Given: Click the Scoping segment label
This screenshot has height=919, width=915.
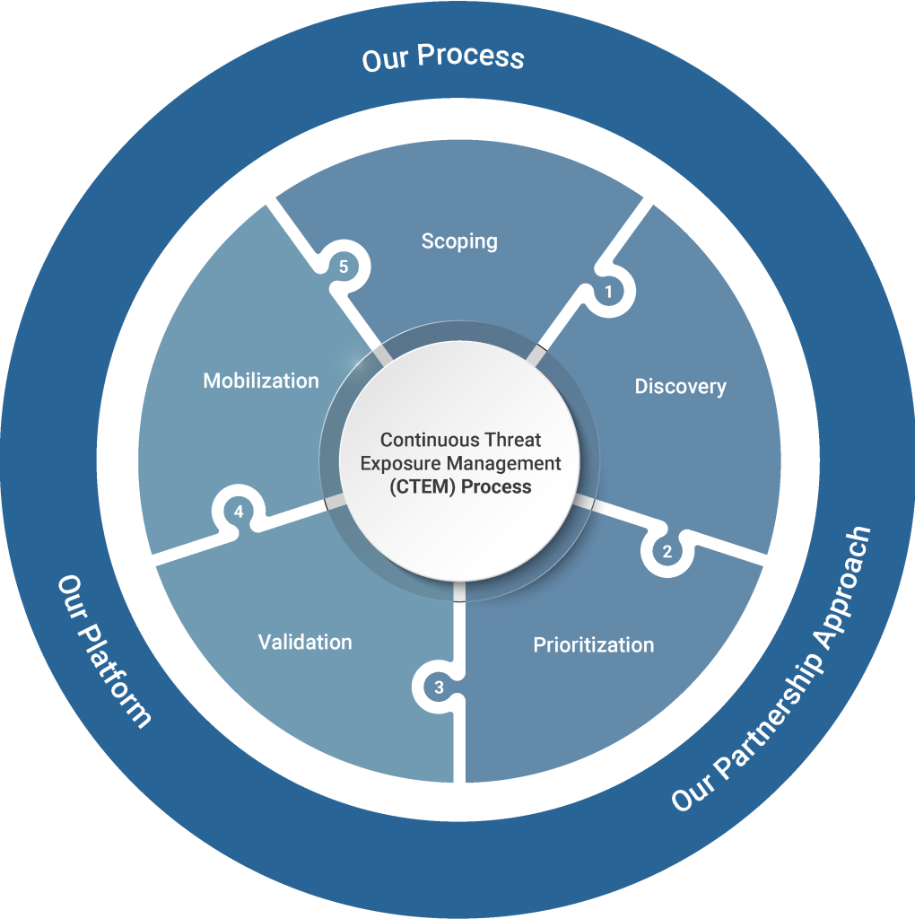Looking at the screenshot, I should coord(459,241).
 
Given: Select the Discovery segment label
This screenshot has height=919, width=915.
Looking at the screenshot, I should coord(680,387).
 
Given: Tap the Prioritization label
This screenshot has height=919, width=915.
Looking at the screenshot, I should coord(593,645).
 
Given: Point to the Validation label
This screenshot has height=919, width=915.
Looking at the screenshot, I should coord(305,643).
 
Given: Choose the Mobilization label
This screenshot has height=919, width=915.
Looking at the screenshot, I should coord(261,381).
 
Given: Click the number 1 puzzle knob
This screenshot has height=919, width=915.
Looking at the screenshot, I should coord(609,292).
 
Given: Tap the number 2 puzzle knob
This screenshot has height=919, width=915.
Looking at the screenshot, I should coord(667,552).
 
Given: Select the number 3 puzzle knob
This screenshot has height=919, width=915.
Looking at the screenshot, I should coord(439,688).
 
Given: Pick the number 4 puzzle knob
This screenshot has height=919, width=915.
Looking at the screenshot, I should coord(239,512).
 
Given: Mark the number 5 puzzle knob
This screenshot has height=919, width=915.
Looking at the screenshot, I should coord(341,267).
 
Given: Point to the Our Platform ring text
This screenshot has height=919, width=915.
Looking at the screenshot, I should coord(104,651).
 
